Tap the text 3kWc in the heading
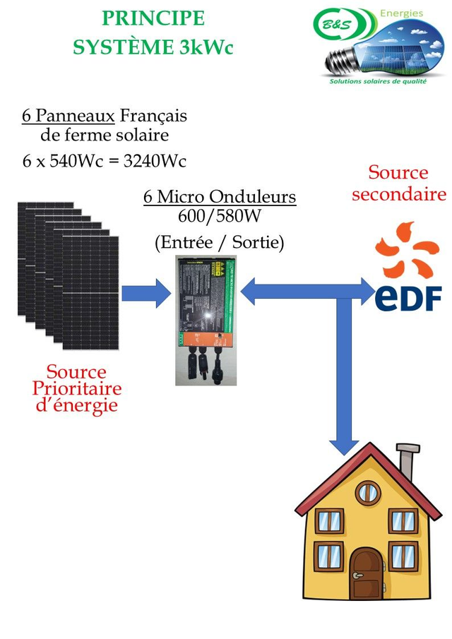coord(206,47)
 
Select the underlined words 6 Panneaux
coord(68,114)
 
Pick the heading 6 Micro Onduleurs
coord(220,196)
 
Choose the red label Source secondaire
coord(398,183)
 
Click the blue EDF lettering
coord(408,297)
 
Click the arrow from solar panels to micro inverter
coord(146,292)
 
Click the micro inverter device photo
coord(207,320)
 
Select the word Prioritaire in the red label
coord(76,388)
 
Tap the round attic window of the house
coord(367,492)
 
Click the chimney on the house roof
coord(406,462)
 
